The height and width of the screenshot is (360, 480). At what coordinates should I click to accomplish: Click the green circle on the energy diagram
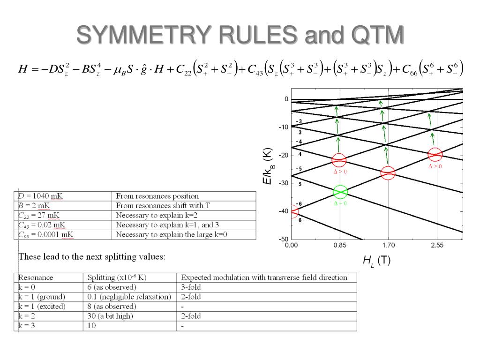pyautogui.click(x=340, y=191)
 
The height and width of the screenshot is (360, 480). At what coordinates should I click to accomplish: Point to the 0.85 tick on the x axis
pyautogui.click(x=340, y=245)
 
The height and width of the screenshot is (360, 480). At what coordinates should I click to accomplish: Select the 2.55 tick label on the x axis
pyautogui.click(x=436, y=245)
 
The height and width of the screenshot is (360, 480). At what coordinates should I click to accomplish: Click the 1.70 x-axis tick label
pyautogui.click(x=388, y=245)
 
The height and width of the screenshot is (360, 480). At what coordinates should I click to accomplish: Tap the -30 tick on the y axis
pyautogui.click(x=283, y=183)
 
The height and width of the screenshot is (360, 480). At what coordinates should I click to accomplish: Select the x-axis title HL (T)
pyautogui.click(x=376, y=261)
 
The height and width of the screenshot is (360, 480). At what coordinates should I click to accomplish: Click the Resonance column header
pyautogui.click(x=36, y=277)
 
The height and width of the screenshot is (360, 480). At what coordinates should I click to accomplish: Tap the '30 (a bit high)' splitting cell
pyautogui.click(x=111, y=316)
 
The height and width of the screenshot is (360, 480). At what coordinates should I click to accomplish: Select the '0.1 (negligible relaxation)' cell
pyautogui.click(x=129, y=297)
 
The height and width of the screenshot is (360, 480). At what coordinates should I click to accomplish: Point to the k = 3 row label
pyautogui.click(x=27, y=326)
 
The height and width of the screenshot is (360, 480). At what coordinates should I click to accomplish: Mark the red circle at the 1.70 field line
pyautogui.click(x=388, y=173)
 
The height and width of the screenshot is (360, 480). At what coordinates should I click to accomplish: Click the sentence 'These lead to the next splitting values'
pyautogui.click(x=91, y=257)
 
